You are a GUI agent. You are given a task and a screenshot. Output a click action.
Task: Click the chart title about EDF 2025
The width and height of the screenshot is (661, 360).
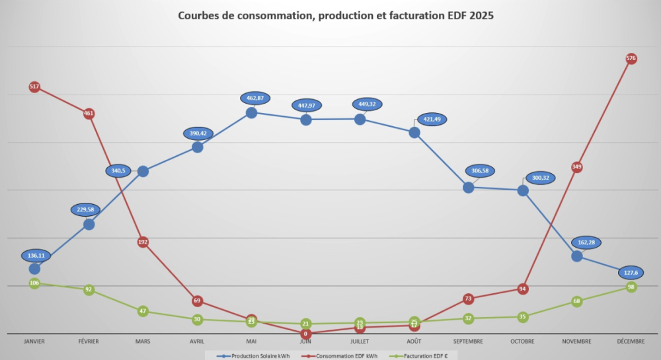click(x=336, y=15)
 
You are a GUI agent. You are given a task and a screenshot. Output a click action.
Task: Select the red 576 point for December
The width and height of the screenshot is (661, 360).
click(x=631, y=59)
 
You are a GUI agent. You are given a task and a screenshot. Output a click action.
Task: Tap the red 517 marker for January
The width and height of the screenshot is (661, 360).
click(x=34, y=87)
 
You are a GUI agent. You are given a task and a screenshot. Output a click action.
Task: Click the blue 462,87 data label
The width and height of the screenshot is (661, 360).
click(x=251, y=98)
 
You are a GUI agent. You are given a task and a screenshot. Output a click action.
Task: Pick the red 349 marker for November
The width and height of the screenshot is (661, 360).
click(x=576, y=167)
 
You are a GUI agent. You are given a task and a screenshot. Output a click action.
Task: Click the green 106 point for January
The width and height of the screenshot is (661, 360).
click(x=34, y=283)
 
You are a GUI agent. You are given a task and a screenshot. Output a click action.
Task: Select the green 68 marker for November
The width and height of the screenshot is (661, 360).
click(x=576, y=301)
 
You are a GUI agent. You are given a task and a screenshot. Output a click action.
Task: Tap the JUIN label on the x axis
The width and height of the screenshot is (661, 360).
click(x=305, y=342)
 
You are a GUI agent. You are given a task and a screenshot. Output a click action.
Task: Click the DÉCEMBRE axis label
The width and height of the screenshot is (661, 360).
click(x=631, y=342)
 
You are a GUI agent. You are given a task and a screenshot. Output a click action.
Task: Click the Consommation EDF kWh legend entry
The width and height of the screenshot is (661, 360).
click(x=341, y=355)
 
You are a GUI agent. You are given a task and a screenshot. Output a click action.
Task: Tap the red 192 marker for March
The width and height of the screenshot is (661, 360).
click(x=143, y=242)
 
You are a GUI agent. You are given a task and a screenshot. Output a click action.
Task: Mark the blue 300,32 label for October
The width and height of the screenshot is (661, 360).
click(x=539, y=178)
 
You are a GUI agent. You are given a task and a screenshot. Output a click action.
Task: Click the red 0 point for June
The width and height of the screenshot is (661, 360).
click(x=305, y=334)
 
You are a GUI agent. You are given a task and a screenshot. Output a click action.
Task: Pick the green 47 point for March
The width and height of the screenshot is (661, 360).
click(x=143, y=311)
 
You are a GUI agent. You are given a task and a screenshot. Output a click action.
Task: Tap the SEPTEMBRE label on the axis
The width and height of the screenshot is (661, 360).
click(x=468, y=342)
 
